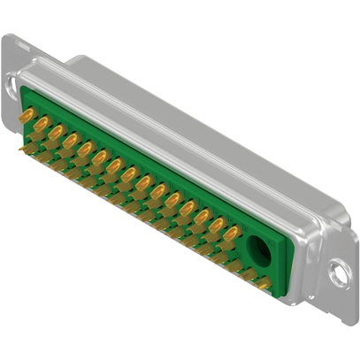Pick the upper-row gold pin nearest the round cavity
(x=231, y=231)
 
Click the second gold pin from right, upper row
(x=217, y=222)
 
